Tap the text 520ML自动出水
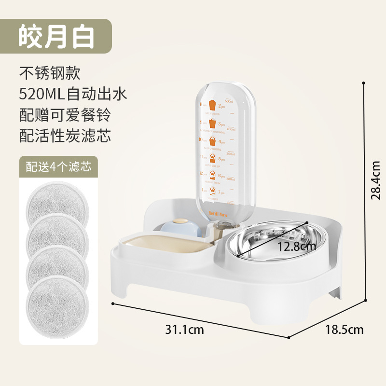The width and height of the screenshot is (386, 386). (73, 94)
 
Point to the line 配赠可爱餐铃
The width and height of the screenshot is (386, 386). (65, 115)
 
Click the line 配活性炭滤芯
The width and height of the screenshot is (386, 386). (65, 136)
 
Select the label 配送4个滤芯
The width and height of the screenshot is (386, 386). (58, 167)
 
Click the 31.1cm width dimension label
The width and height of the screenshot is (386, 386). (185, 330)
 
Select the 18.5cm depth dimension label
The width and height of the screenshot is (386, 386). (345, 330)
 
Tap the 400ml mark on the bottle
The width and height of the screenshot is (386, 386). (231, 129)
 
